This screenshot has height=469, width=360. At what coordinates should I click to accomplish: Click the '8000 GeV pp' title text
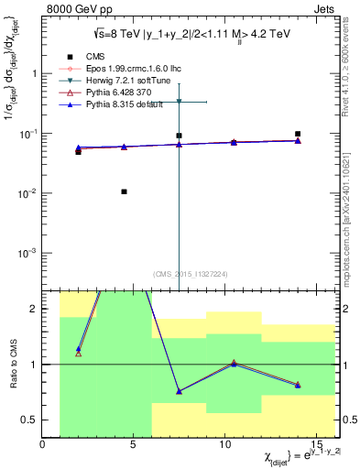pos(72,8)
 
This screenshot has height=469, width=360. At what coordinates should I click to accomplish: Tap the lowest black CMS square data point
pos(124,191)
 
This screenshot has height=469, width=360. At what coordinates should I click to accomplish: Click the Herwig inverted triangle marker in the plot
pos(180,102)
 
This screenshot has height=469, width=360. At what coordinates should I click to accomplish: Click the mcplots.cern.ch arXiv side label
pos(352,229)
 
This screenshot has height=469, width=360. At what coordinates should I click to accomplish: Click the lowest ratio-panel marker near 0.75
pos(180,391)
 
